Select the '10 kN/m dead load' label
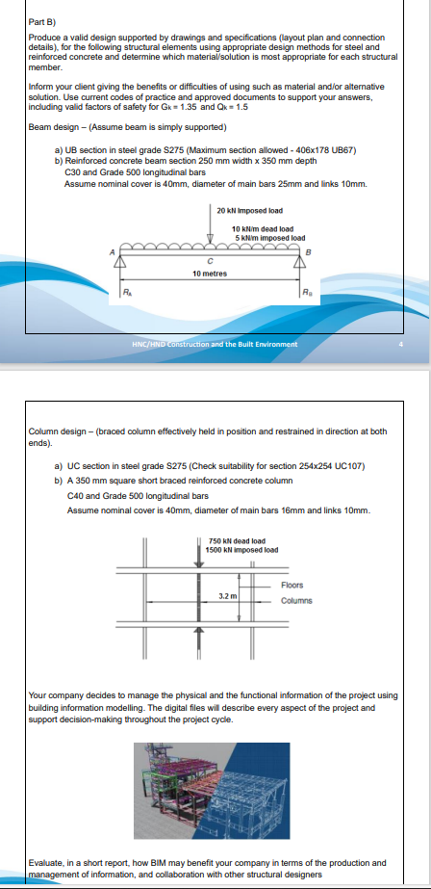[x=255, y=228]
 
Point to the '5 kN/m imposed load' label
[x=270, y=237]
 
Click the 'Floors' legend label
[x=292, y=585]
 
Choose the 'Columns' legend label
[x=296, y=601]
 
